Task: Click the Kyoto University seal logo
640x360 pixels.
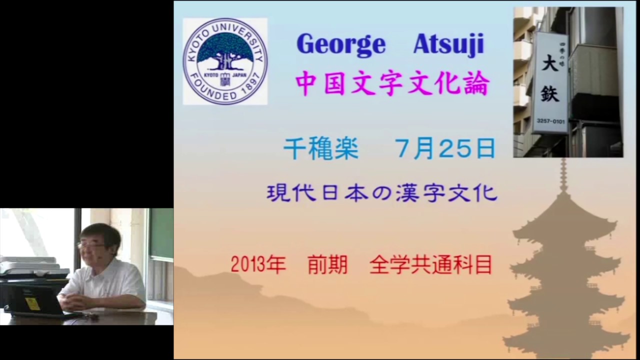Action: [225, 61]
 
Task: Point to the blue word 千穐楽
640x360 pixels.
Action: [321, 149]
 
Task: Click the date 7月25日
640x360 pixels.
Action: [445, 148]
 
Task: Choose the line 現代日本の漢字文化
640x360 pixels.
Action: [382, 193]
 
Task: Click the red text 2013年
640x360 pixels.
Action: [258, 265]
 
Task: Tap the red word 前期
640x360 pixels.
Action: [327, 265]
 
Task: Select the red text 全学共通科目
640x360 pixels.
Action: [430, 265]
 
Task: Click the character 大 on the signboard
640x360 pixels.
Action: [550, 65]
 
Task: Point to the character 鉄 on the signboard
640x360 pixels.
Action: [550, 92]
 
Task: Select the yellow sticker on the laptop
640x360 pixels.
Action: [32, 303]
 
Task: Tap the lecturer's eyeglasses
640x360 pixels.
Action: [90, 245]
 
